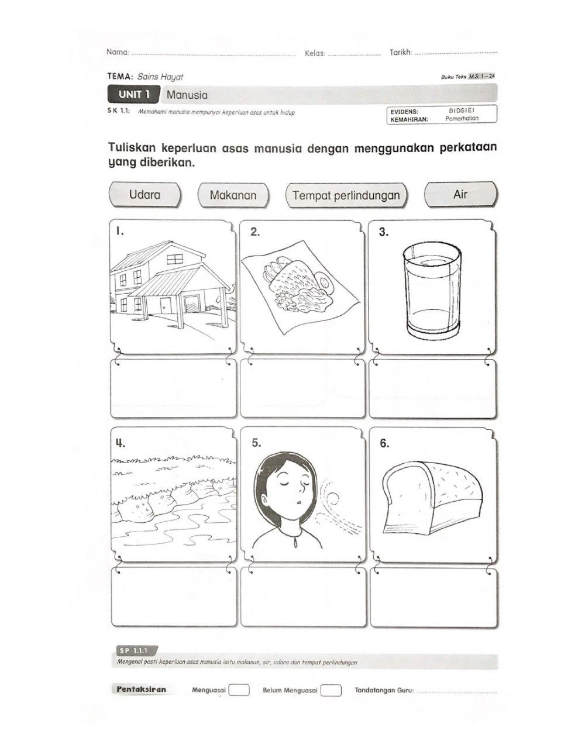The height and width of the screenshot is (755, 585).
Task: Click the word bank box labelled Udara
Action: [x=145, y=195]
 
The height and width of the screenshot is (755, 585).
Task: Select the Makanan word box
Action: [x=233, y=195]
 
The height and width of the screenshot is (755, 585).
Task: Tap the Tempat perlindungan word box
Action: [x=346, y=195]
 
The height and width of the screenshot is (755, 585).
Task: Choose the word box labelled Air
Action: [x=460, y=195]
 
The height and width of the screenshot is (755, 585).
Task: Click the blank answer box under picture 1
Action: [x=174, y=388]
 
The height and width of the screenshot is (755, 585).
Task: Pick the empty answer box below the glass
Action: [x=432, y=388]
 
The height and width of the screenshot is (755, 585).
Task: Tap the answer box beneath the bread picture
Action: [x=434, y=597]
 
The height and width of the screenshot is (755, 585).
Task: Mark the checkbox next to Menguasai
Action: [x=239, y=691]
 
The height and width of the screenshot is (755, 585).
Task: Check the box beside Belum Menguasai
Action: [x=331, y=691]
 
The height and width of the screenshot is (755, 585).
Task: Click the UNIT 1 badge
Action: [x=134, y=94]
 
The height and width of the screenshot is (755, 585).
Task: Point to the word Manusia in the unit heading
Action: [x=187, y=95]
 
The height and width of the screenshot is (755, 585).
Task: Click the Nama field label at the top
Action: [x=118, y=53]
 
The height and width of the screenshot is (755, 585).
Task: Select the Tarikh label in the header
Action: [x=401, y=53]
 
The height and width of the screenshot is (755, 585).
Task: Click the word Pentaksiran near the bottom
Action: [x=141, y=690]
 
